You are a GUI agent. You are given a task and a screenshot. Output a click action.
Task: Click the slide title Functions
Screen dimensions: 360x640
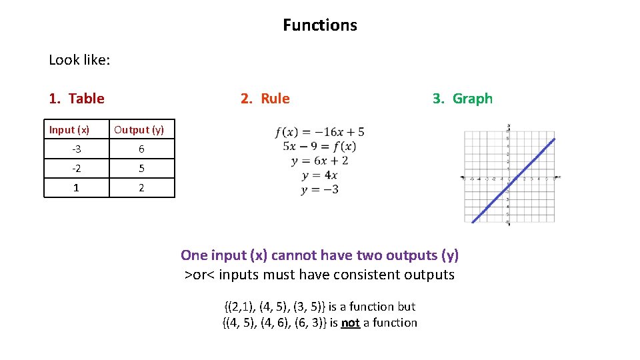coord(320,25)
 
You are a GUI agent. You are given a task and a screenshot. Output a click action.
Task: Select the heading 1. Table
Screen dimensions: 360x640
coord(77,99)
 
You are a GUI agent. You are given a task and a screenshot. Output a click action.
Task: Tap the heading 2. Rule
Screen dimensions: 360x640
coord(265,99)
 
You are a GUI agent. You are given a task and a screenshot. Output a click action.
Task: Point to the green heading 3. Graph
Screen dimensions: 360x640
coord(463,99)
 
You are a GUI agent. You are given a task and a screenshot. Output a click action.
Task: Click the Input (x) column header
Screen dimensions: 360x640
coord(69,129)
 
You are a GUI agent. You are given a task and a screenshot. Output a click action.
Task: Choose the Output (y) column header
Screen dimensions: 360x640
coord(139,129)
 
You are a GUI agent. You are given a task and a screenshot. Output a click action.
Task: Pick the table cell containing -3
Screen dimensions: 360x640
coord(76,149)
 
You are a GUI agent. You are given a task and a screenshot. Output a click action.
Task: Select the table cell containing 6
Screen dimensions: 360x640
coord(141,149)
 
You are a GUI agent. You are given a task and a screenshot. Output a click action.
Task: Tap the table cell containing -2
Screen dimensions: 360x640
coord(76,169)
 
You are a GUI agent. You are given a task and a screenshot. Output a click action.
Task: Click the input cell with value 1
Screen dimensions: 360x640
coord(76,188)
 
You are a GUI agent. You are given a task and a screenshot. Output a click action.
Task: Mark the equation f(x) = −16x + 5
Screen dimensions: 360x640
coord(320,131)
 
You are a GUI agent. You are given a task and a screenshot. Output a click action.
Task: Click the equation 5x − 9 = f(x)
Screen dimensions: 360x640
coord(319,146)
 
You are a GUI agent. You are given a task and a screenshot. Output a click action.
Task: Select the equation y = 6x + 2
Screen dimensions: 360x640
coord(319,161)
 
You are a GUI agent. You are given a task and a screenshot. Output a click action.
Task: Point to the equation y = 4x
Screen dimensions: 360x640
coord(319,175)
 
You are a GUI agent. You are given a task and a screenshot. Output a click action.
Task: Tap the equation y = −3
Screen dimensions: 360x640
coord(319,189)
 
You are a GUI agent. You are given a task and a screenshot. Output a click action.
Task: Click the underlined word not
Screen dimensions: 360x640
coord(350,323)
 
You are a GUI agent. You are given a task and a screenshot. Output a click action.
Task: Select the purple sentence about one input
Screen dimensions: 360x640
coord(320,255)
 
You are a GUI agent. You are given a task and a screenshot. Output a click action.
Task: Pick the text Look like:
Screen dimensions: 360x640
coord(79,60)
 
